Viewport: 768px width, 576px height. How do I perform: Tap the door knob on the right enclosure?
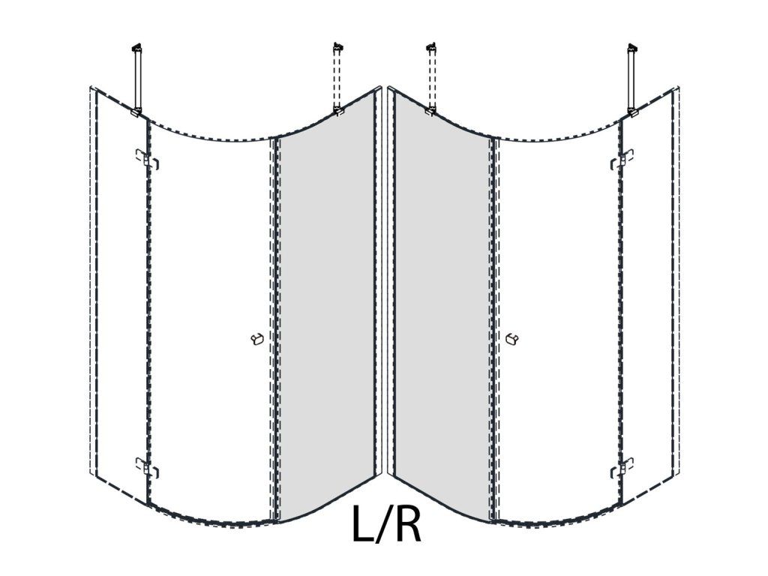pyautogui.click(x=511, y=339)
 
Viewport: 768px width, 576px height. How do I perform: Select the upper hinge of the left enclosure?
pyautogui.click(x=147, y=160)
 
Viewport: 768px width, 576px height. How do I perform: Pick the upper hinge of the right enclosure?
pyautogui.click(x=622, y=160)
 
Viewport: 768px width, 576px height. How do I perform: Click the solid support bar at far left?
pyautogui.click(x=137, y=77)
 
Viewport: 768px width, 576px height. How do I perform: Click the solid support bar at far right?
pyautogui.click(x=632, y=77)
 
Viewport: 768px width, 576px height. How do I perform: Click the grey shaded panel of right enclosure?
pyautogui.click(x=442, y=313)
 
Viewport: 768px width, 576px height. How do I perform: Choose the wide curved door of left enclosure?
pyautogui.click(x=210, y=323)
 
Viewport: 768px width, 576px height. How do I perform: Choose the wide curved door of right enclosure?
pyautogui.click(x=558, y=323)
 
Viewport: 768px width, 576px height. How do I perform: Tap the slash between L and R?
pyautogui.click(x=384, y=524)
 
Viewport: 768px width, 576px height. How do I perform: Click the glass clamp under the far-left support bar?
pyautogui.click(x=136, y=112)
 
